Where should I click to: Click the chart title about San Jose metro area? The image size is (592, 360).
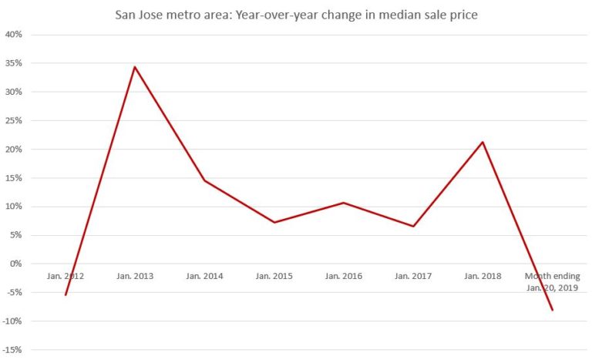coord(296,14)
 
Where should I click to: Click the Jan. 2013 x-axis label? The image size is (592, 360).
coord(135,276)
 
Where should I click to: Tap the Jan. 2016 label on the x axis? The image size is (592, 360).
coord(344,276)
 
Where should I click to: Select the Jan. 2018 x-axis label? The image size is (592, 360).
coord(483,276)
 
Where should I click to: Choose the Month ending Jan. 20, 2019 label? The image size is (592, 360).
coord(552,281)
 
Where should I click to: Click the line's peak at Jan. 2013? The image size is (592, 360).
coord(135,67)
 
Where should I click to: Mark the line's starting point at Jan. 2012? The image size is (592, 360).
coord(66,294)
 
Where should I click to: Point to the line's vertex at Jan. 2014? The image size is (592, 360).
coord(204,180)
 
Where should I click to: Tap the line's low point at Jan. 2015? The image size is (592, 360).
coord(274,222)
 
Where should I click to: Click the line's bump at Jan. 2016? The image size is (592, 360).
coord(344,203)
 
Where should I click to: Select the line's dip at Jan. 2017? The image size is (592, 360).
coord(413,226)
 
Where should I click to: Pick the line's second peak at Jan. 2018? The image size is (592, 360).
coord(483,142)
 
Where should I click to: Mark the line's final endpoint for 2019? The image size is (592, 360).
coord(552,310)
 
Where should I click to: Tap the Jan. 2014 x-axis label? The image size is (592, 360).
coord(204,276)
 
